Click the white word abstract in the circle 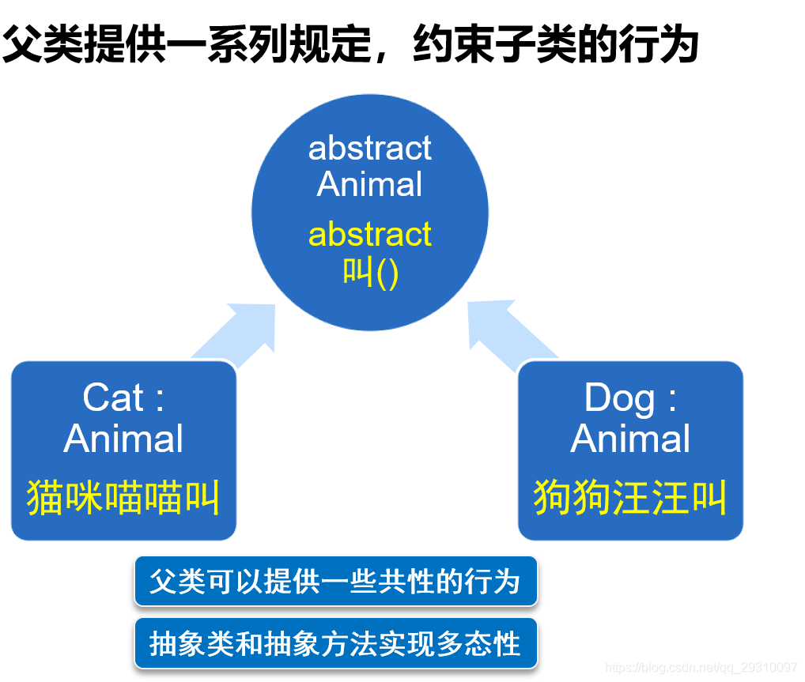[369, 148]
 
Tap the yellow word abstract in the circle [369, 234]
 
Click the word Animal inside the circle [369, 184]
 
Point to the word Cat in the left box [113, 398]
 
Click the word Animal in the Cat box [123, 439]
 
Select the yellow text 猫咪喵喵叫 [123, 497]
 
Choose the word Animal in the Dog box [630, 439]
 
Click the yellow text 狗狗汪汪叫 [630, 497]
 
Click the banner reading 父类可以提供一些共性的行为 [336, 582]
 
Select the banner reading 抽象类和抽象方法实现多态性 [336, 643]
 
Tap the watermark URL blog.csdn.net [701, 667]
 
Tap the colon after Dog [672, 400]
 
